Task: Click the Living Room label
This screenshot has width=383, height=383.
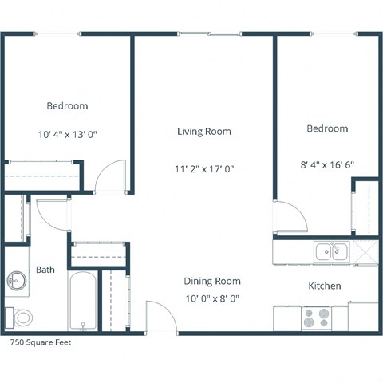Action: (204, 132)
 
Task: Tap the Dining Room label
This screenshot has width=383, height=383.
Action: (212, 281)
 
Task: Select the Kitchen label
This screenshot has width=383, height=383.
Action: (325, 286)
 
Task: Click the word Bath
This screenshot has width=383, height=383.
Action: (45, 270)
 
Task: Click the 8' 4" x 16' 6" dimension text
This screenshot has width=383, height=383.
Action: (327, 165)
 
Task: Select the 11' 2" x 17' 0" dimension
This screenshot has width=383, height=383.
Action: (204, 168)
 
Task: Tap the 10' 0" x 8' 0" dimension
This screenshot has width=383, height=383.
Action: (212, 298)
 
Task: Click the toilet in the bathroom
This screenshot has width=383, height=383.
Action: (22, 317)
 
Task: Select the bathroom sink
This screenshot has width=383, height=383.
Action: (18, 281)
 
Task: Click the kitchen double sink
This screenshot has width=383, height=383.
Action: (331, 252)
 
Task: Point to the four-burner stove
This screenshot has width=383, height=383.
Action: (317, 318)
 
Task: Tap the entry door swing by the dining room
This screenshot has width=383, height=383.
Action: (160, 318)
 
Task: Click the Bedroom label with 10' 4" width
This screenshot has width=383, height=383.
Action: (67, 105)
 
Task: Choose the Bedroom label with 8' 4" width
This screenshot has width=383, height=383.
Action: (327, 128)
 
